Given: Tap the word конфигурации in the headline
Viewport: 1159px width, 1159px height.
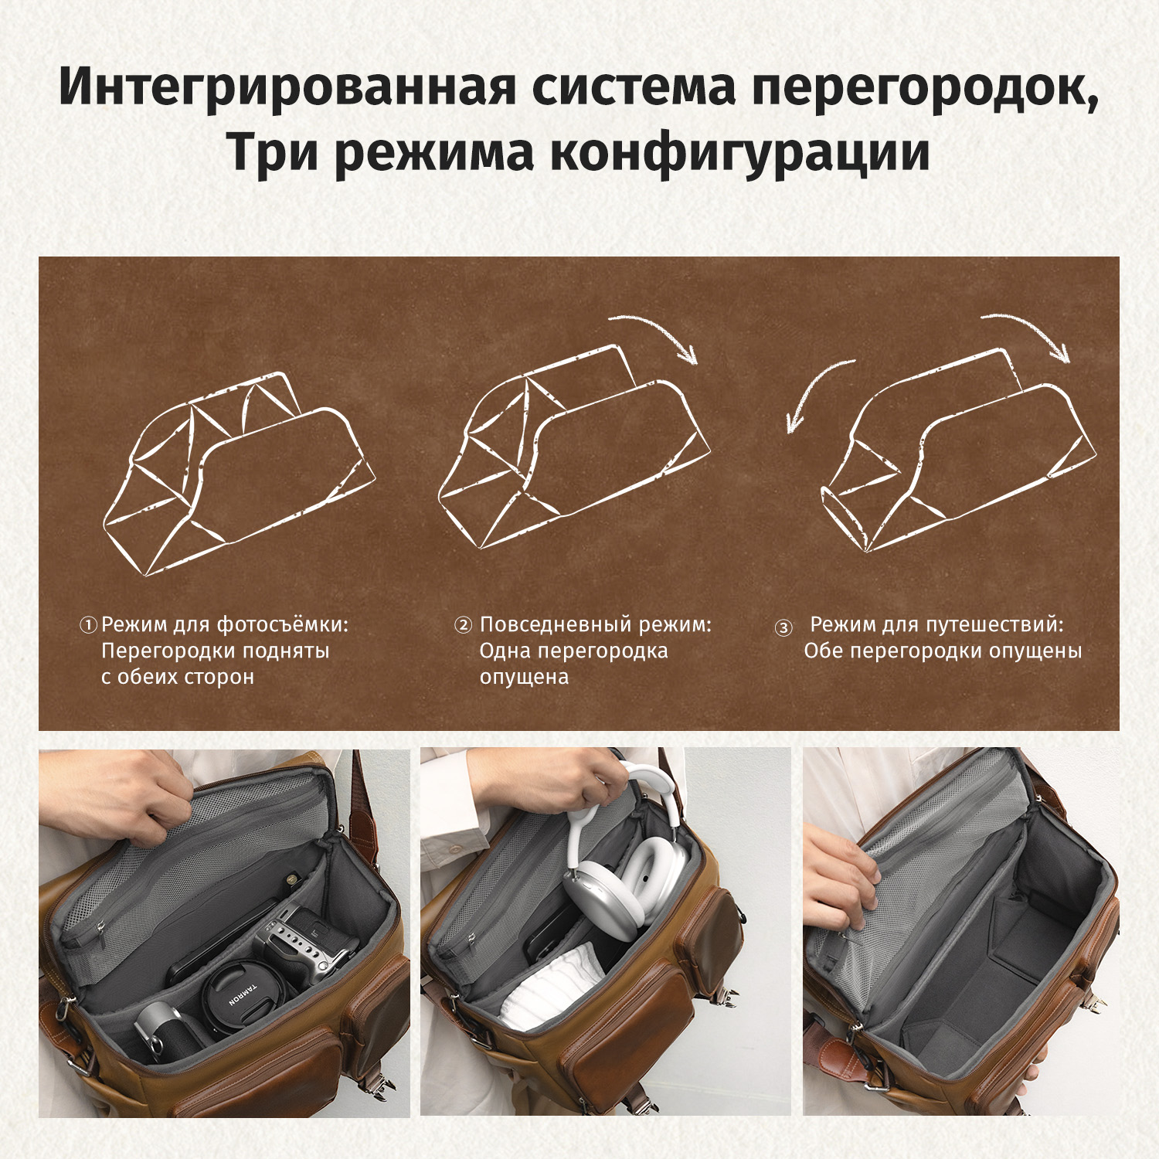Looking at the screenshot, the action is click(739, 151).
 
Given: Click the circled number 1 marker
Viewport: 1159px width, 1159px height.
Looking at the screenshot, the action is click(89, 624).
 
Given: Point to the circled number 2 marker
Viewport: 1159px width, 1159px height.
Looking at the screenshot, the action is click(463, 624).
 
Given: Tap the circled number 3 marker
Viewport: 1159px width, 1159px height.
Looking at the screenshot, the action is click(783, 627).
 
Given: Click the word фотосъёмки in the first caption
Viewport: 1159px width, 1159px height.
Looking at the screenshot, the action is click(282, 624).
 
